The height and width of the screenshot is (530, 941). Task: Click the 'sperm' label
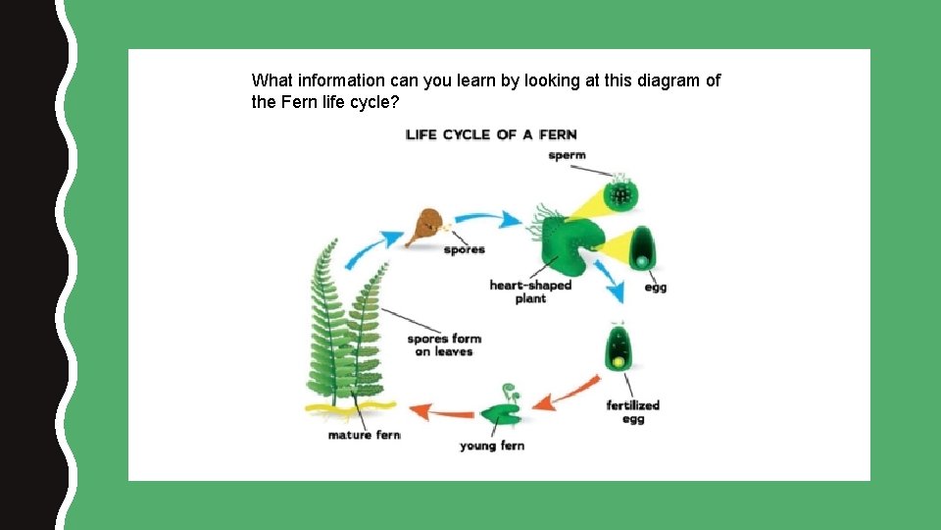[x=568, y=155]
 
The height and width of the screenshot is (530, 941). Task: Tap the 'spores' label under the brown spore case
[x=464, y=249]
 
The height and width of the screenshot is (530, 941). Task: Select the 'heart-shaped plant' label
[x=530, y=291]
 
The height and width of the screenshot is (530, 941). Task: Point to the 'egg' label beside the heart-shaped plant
[x=656, y=288]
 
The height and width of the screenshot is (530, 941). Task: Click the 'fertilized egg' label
[x=633, y=411]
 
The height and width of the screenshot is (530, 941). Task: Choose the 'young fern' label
[x=492, y=446]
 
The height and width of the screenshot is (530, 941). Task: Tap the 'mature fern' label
[x=364, y=435]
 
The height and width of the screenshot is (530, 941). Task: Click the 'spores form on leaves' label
[x=443, y=344]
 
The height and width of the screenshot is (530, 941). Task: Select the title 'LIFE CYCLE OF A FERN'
[x=491, y=134]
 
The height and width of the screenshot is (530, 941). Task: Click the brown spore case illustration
[x=425, y=226]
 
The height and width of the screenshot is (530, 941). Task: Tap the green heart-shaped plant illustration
[x=562, y=240]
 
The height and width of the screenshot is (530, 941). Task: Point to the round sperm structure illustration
[x=619, y=193]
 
